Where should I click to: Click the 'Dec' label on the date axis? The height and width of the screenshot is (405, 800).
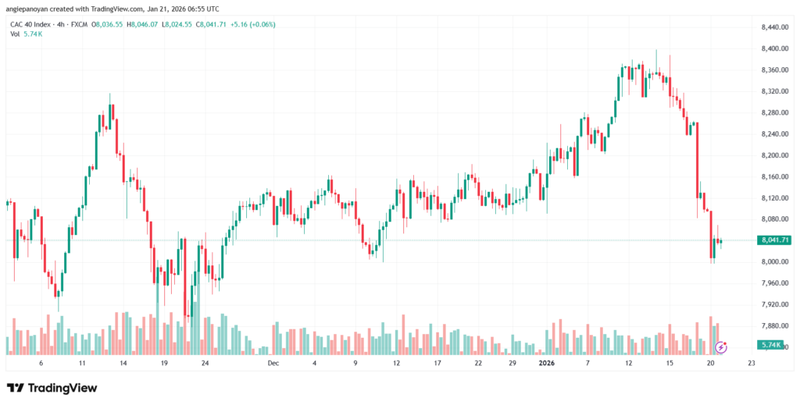273,363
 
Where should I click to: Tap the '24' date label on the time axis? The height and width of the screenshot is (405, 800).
205,363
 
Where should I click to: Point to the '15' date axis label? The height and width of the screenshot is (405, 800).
670,363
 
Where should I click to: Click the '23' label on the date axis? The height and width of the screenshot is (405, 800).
751,363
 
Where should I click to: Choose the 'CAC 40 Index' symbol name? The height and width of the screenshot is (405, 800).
31,24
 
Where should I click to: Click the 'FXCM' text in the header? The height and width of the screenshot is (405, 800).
80,24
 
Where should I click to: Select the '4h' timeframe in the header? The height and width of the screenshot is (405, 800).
62,24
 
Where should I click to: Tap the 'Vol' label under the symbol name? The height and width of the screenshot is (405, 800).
15,34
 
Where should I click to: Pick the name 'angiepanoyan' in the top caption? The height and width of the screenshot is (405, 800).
31,9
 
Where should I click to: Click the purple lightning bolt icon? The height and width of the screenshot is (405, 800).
722,345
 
